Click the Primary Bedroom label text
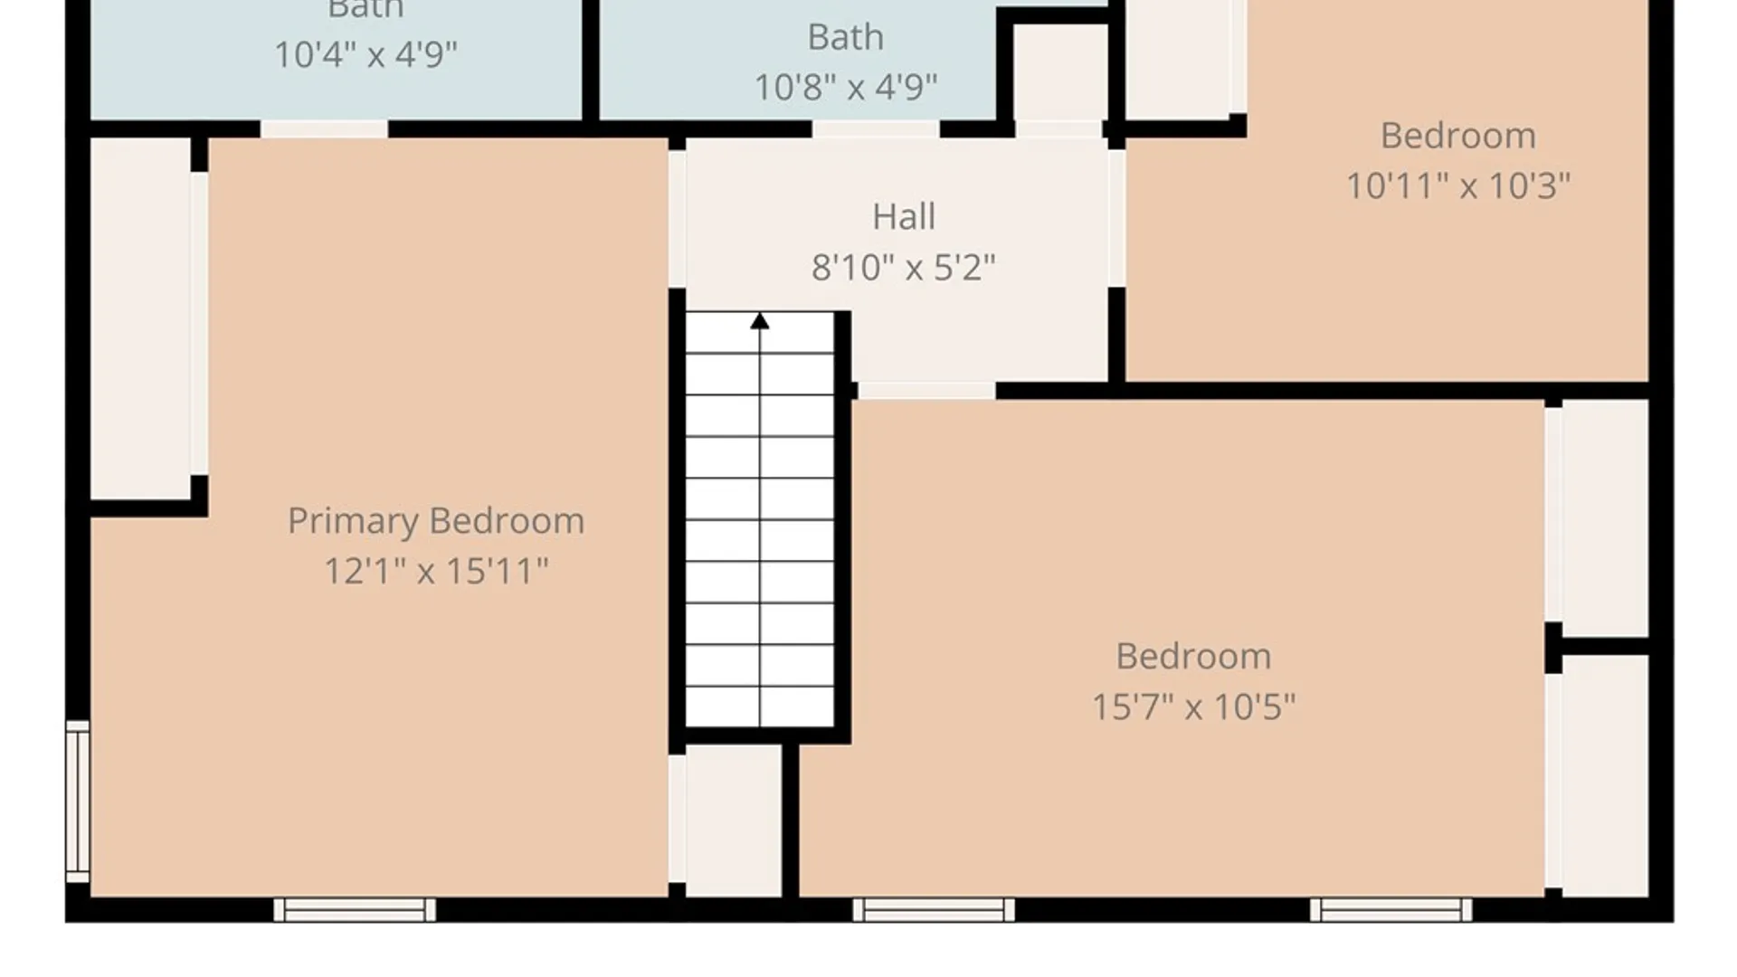coord(435,521)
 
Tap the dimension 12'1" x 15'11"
coord(435,571)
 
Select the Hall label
coord(903,217)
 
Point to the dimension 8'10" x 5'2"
coord(903,268)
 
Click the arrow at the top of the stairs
coord(760,321)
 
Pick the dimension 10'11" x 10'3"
coord(1457,186)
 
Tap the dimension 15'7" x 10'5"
coord(1192,707)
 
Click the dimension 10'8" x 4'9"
coord(845,88)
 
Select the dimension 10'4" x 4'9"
coord(365,54)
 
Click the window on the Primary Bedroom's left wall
coord(78,802)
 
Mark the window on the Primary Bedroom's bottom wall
coord(355,909)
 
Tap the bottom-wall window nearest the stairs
coord(934,909)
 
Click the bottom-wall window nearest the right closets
coord(1391,909)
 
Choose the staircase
coord(760,520)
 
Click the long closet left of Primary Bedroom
coord(140,317)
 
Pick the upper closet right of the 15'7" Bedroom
coord(1605,518)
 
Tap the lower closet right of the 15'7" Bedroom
coord(1605,775)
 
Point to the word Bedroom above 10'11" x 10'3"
coord(1457,137)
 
